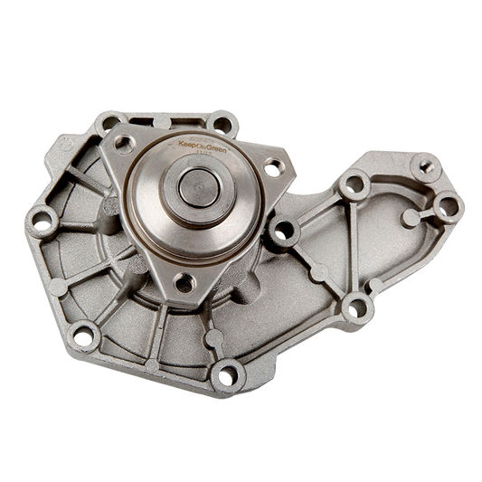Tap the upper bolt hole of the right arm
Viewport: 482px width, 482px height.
tap(354, 183)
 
